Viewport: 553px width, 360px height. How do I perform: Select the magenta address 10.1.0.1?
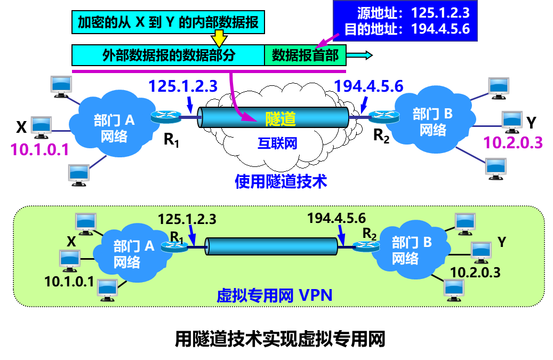pos(40,149)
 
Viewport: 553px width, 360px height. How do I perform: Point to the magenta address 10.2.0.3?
pos(512,142)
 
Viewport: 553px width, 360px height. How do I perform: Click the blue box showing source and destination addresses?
pos(405,21)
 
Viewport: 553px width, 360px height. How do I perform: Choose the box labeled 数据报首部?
pos(305,55)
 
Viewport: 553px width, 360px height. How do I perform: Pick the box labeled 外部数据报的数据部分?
pos(169,55)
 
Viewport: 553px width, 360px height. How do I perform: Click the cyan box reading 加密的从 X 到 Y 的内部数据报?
pos(168,22)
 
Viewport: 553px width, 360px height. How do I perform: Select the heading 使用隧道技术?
pos(280,181)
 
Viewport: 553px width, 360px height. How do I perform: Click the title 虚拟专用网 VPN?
pos(274,295)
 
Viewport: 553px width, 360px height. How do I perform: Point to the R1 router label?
pos(177,236)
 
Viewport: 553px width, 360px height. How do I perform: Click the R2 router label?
pos(370,233)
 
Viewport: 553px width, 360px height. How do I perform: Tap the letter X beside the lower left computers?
pos(71,242)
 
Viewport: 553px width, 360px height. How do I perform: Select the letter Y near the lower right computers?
pos(501,242)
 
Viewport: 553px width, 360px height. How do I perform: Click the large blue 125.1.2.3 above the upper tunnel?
pos(183,85)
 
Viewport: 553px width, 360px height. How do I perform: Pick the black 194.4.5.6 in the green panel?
pos(336,218)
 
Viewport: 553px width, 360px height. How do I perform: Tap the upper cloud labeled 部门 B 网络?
pos(432,121)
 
